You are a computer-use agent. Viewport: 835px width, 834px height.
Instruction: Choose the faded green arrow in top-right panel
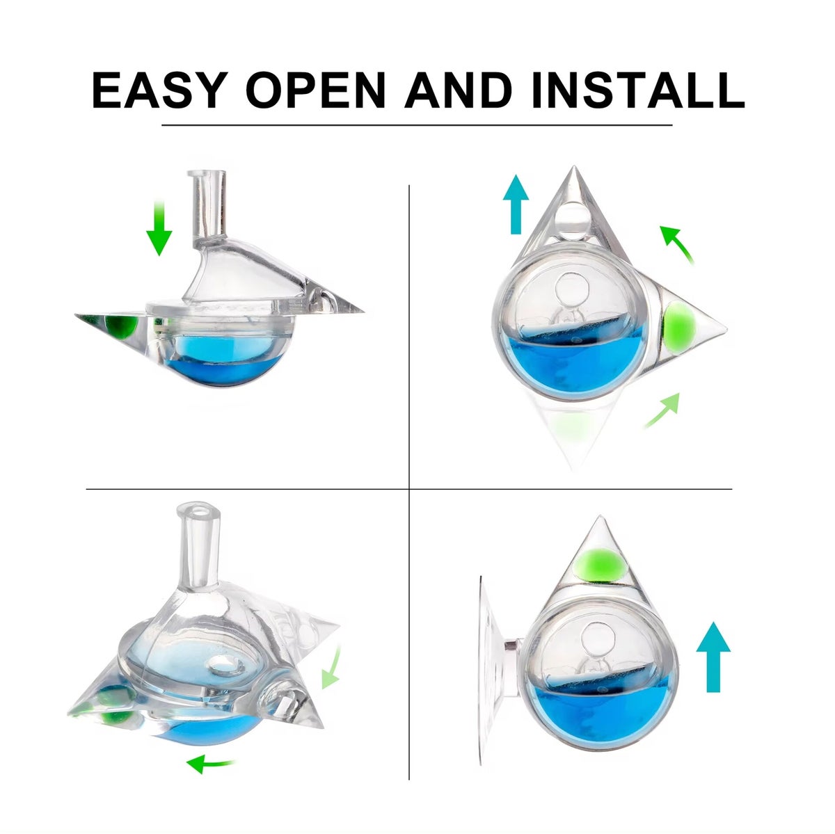662,410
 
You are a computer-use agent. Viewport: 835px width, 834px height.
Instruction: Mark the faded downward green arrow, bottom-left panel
332,666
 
